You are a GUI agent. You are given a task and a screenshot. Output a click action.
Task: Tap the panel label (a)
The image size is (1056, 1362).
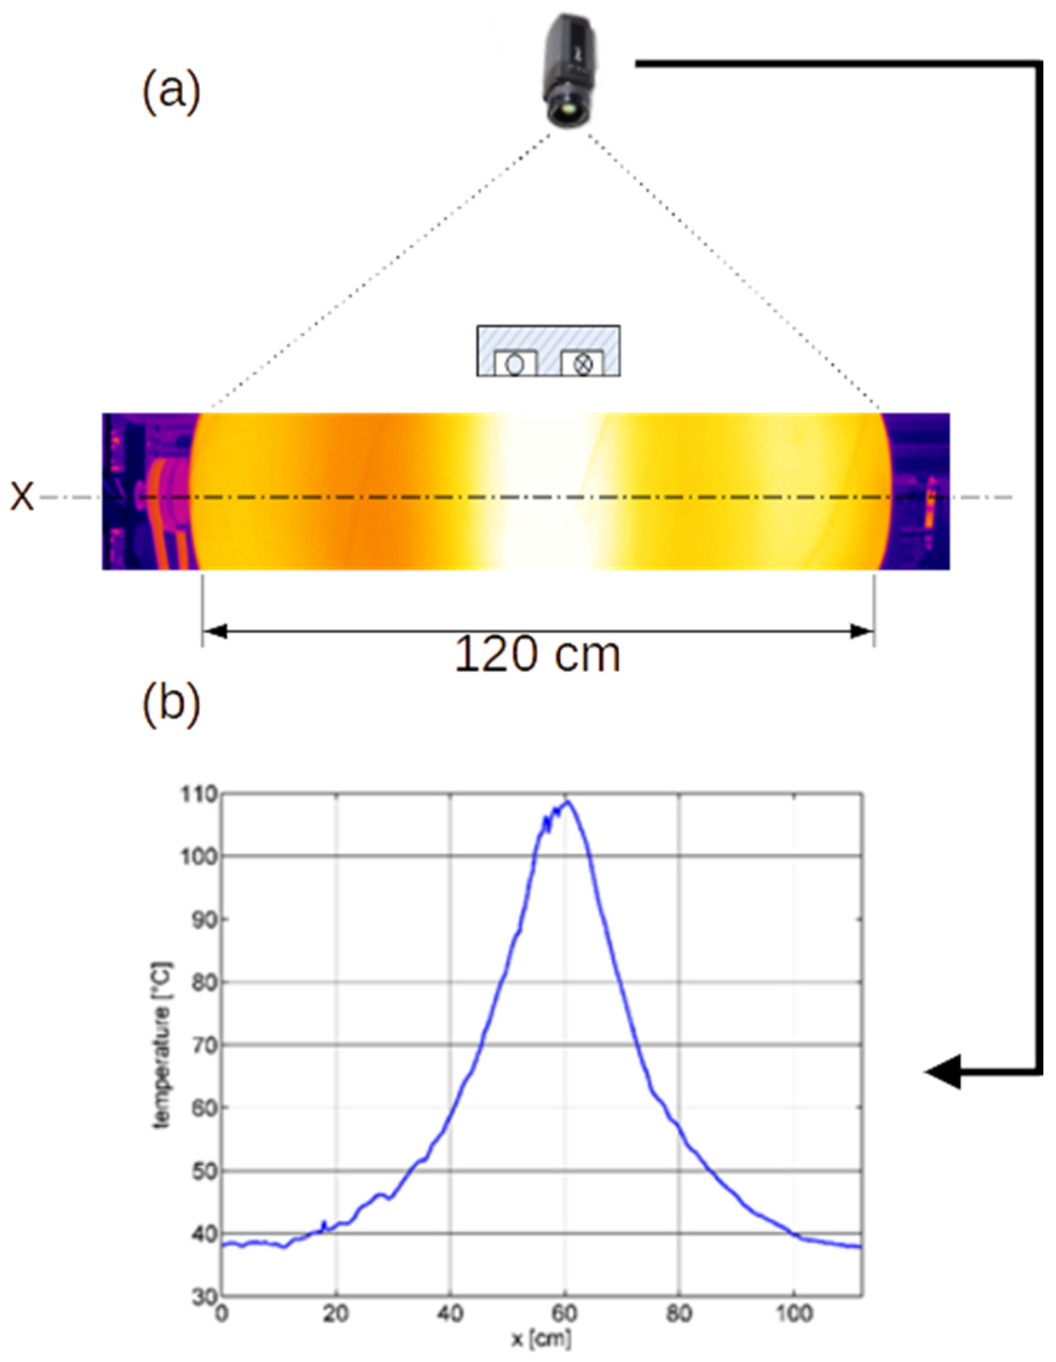171,92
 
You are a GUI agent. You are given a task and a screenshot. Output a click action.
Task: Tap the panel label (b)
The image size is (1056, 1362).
171,707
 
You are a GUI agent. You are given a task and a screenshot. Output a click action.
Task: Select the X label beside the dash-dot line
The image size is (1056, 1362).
22,497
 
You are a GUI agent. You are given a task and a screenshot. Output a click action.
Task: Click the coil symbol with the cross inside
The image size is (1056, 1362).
582,364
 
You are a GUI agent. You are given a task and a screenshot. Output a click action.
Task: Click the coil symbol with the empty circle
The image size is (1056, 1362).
514,364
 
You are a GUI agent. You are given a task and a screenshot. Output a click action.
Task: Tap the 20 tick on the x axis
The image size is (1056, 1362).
336,1313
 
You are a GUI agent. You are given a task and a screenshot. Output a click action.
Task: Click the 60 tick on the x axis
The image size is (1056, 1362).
565,1313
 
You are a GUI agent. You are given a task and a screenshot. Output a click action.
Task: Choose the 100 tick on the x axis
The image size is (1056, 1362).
793,1313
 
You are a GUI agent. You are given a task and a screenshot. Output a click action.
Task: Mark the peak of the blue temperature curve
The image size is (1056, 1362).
567,802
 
